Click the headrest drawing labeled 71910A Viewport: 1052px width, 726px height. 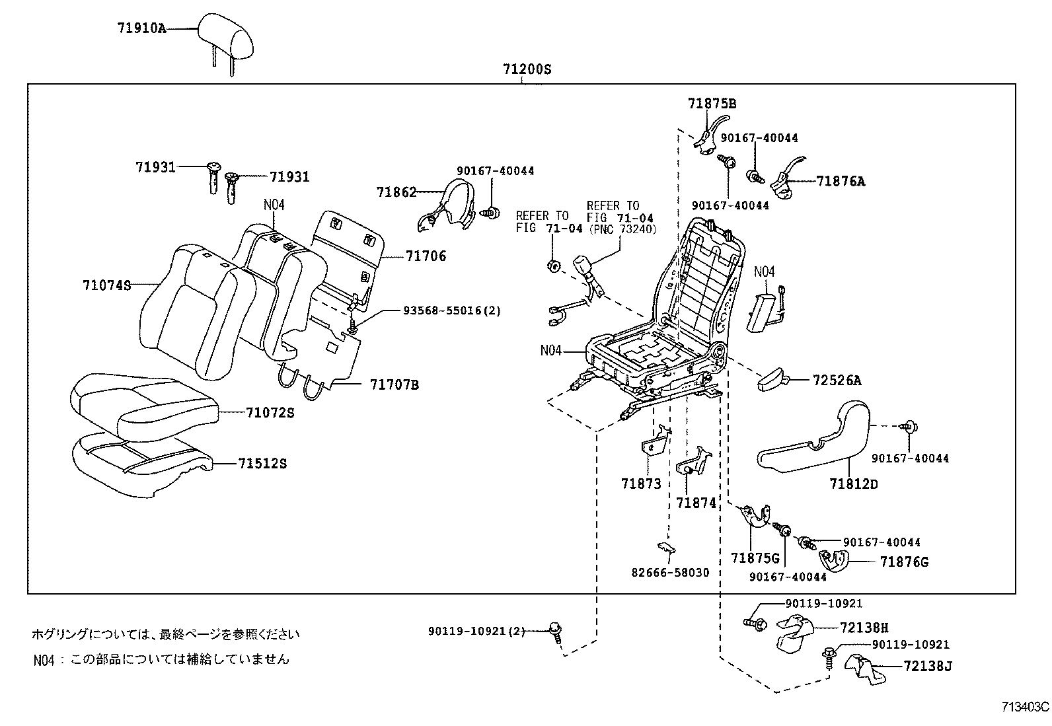tap(227, 36)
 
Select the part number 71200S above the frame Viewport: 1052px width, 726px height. tap(526, 69)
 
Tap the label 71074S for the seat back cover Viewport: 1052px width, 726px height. tap(106, 285)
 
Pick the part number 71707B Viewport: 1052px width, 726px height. tap(394, 384)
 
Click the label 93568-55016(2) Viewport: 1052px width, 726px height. tap(451, 310)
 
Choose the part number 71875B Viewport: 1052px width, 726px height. tap(712, 104)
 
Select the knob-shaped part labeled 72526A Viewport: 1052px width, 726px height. tap(772, 381)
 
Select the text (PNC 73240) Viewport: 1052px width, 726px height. tap(621, 229)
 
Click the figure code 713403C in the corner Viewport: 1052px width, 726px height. tap(1025, 707)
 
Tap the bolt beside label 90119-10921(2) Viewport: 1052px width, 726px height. tap(555, 630)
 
